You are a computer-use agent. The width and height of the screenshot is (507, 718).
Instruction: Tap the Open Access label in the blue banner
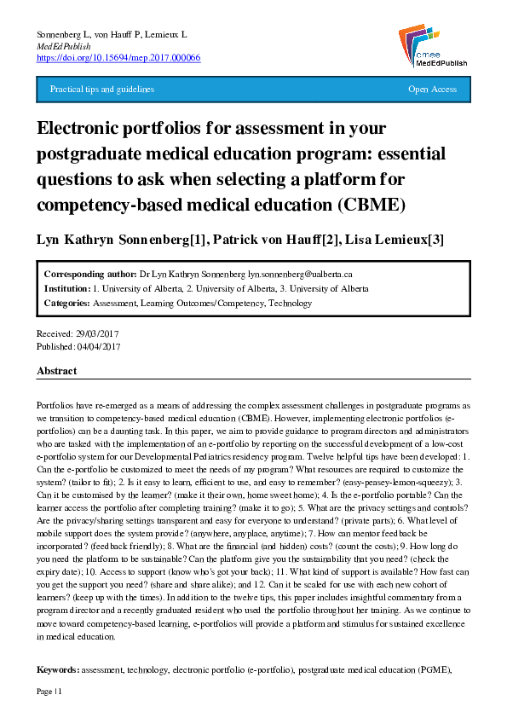[x=432, y=89]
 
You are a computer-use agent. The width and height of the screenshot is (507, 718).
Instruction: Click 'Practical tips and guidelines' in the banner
[x=102, y=89]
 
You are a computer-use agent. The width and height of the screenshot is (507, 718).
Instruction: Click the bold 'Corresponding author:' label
[x=89, y=275]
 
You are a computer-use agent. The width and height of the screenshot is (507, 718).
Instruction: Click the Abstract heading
[x=56, y=372]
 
